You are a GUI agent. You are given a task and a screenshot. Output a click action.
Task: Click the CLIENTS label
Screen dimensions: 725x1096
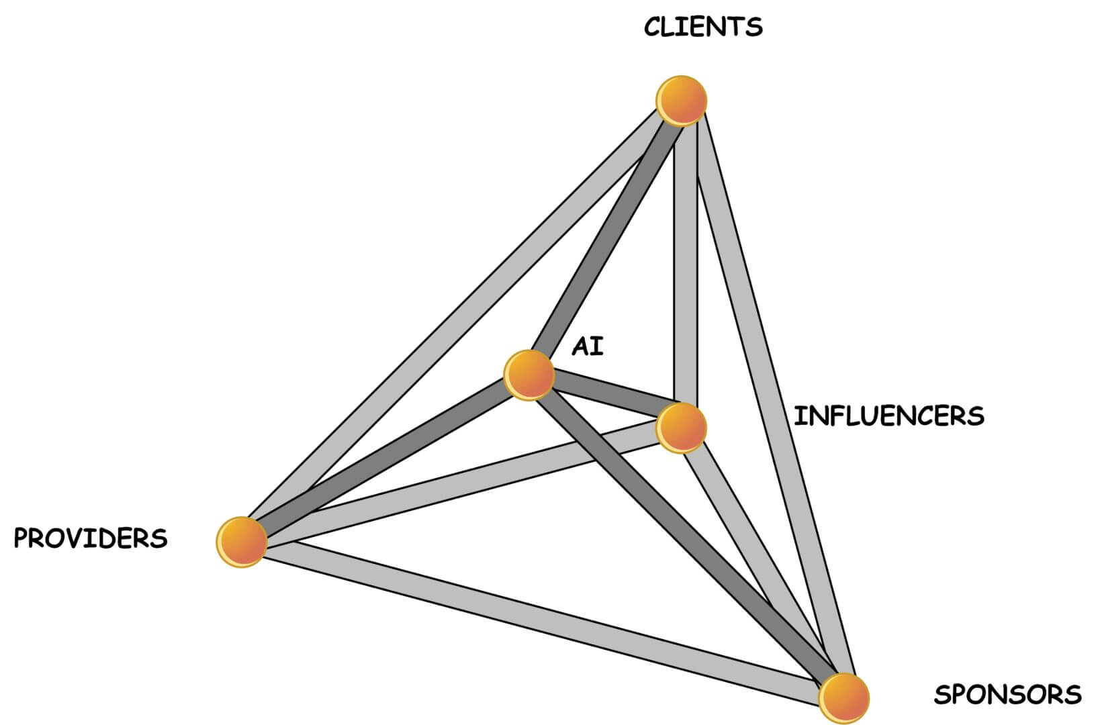point(702,27)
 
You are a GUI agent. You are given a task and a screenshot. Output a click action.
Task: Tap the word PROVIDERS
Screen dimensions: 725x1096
point(91,538)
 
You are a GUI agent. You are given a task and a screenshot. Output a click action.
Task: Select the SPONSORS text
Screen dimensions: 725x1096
point(1007,694)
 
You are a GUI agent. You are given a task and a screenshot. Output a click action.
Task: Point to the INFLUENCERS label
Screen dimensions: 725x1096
point(888,416)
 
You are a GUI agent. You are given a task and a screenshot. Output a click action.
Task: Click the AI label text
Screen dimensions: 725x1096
point(588,347)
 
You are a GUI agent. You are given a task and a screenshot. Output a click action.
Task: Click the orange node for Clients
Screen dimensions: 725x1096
point(682,101)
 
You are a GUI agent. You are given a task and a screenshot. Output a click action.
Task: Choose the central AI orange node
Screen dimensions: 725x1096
point(529,375)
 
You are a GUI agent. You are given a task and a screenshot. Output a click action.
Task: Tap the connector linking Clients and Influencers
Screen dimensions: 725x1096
point(686,269)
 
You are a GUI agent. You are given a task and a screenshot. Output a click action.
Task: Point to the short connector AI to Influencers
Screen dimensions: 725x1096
point(608,398)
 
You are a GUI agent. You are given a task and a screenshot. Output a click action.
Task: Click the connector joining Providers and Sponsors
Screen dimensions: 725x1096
point(537,618)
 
